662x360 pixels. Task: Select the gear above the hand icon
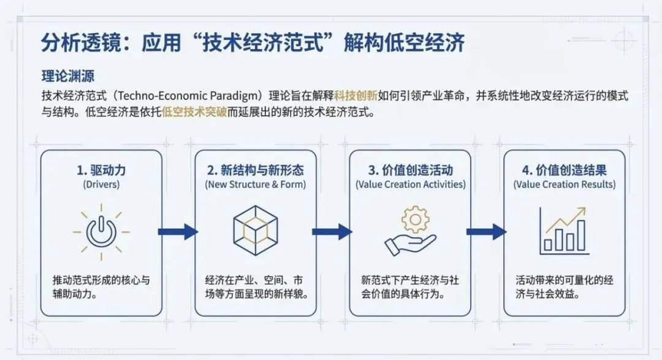(x=416, y=219)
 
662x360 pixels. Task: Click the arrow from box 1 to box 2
(x=178, y=231)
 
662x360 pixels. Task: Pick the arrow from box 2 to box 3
(x=332, y=231)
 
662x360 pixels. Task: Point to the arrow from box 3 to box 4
(x=487, y=231)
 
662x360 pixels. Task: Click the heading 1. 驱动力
(x=101, y=170)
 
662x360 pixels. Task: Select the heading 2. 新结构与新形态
(x=256, y=170)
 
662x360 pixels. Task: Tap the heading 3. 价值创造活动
(x=410, y=170)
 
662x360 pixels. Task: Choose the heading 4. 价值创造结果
(x=565, y=170)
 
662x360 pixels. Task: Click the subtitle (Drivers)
(x=101, y=184)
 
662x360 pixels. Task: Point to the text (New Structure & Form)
(x=256, y=184)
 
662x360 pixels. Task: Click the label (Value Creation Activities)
(x=410, y=184)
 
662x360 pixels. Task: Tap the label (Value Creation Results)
(x=565, y=184)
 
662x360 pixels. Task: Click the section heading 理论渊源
(x=67, y=78)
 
